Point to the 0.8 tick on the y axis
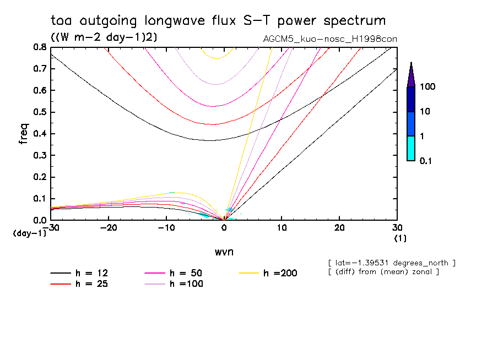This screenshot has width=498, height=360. [x=40, y=47]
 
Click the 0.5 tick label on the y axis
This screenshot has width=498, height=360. [x=40, y=112]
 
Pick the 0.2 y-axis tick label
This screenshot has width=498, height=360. [x=40, y=177]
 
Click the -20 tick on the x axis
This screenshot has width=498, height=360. [x=109, y=228]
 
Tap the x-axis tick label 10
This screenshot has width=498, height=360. [x=282, y=228]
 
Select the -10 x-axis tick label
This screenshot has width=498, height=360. [x=166, y=228]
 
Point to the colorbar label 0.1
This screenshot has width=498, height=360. [x=427, y=161]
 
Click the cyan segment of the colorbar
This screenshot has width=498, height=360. [x=410, y=148]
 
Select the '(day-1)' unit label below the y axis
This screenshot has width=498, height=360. [x=29, y=233]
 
